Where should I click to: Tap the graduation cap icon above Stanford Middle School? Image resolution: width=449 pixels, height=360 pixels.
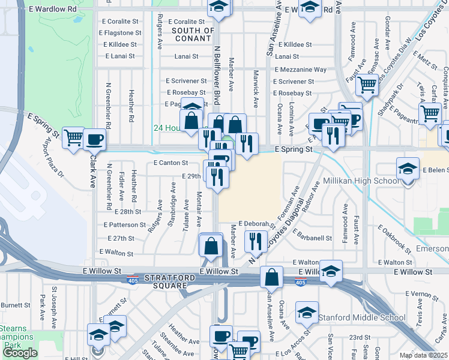[x=307, y=313]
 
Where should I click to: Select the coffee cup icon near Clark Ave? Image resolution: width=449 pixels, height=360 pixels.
[x=94, y=139]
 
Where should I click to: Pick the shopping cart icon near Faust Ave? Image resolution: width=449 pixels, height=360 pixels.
[x=366, y=85]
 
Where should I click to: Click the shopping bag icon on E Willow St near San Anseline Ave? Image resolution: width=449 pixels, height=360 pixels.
[x=271, y=277]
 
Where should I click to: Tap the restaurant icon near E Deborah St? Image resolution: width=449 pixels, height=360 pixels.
[x=256, y=241]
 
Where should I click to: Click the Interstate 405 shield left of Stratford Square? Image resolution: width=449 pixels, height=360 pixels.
[x=132, y=280]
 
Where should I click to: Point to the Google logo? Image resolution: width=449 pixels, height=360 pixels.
[x=20, y=353]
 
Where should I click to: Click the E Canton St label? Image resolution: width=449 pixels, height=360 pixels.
[x=171, y=163]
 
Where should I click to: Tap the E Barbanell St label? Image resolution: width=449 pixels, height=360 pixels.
[x=313, y=238]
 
